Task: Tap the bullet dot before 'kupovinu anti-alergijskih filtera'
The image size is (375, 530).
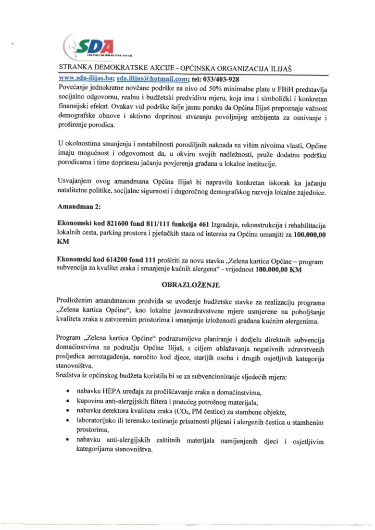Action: [x=69, y=401]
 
